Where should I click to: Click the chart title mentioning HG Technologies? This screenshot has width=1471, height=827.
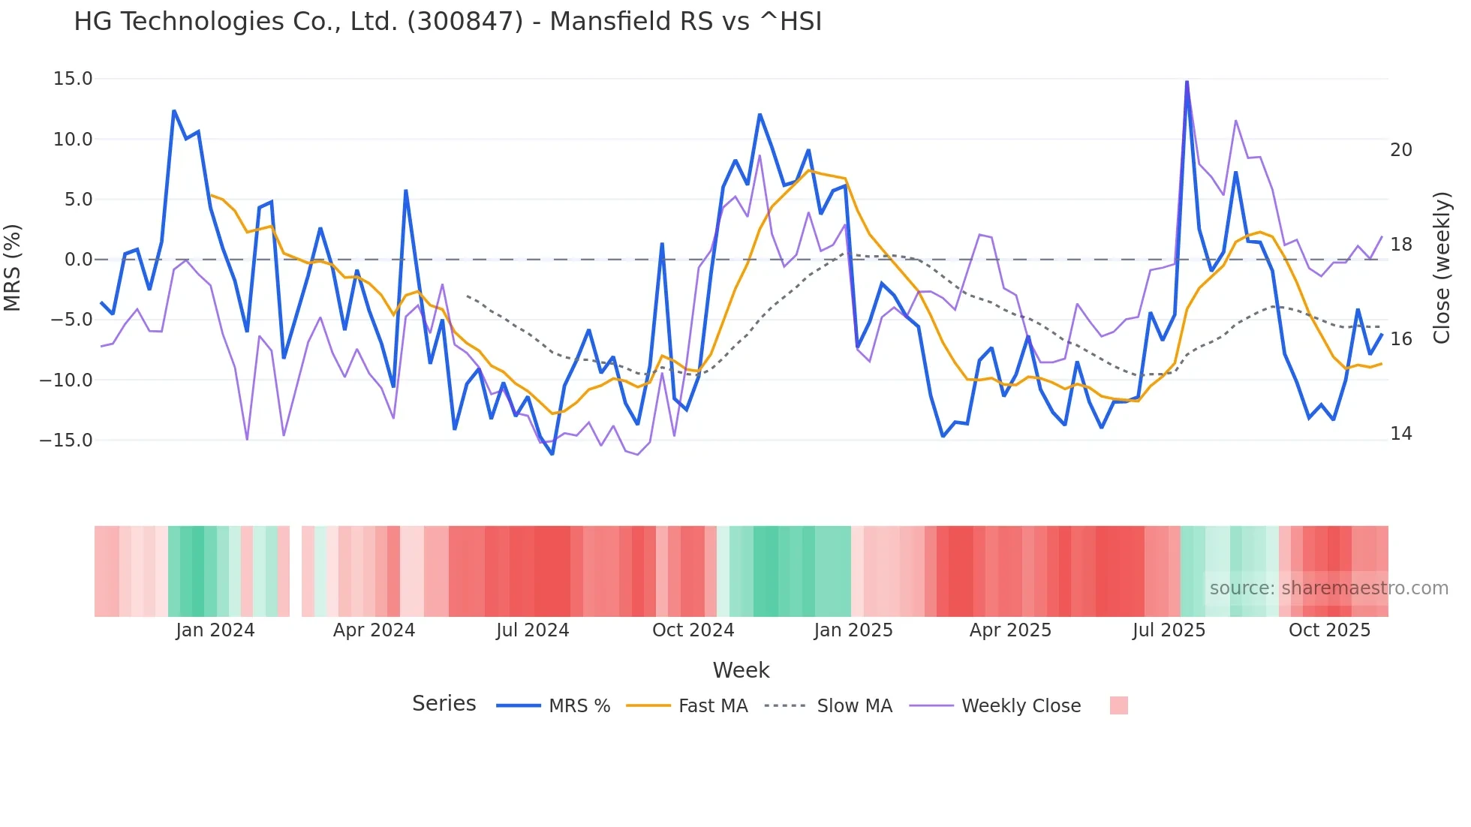pyautogui.click(x=447, y=22)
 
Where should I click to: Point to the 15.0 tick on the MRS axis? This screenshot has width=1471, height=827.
pyautogui.click(x=73, y=79)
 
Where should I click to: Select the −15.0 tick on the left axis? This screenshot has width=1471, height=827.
pyautogui.click(x=66, y=441)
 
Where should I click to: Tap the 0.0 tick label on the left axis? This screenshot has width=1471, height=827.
pyautogui.click(x=78, y=260)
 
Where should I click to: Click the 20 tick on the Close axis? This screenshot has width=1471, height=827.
pyautogui.click(x=1400, y=150)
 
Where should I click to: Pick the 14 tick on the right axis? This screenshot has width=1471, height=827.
pyautogui.click(x=1400, y=434)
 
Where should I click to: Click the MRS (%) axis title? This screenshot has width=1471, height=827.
pyautogui.click(x=13, y=267)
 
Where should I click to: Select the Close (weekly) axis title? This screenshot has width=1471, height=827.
pyautogui.click(x=1441, y=268)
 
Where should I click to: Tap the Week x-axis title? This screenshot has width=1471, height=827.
pyautogui.click(x=741, y=670)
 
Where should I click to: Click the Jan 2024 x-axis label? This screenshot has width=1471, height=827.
pyautogui.click(x=215, y=630)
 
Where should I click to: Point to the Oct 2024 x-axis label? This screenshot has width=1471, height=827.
pyautogui.click(x=693, y=630)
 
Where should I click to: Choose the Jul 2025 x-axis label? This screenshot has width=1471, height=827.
pyautogui.click(x=1169, y=630)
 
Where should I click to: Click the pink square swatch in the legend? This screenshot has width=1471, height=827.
pyautogui.click(x=1118, y=705)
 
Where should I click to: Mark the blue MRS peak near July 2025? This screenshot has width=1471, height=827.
pyautogui.click(x=1187, y=82)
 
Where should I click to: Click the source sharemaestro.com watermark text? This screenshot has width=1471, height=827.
pyautogui.click(x=1328, y=588)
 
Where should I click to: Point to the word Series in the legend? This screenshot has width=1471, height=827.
pyautogui.click(x=444, y=704)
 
